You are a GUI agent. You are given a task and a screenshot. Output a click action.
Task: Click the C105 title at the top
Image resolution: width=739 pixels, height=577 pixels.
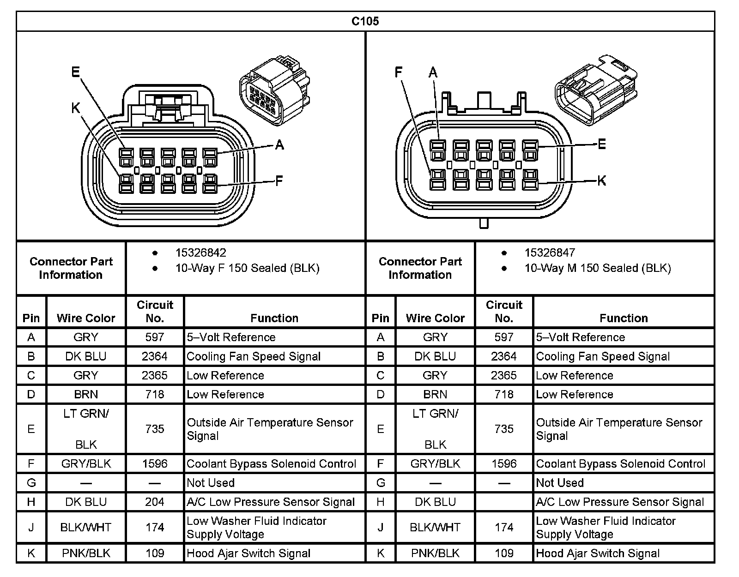365,21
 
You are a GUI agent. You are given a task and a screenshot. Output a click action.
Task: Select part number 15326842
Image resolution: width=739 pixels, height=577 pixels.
200,253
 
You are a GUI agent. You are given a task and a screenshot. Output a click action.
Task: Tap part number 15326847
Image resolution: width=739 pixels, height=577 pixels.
550,253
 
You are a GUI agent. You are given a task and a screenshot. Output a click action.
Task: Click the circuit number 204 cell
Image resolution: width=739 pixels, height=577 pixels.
155,502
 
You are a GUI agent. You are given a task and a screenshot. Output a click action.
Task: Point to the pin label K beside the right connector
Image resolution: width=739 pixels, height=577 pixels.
601,180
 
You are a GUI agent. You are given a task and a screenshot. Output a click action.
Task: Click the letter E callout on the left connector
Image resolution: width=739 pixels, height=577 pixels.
76,72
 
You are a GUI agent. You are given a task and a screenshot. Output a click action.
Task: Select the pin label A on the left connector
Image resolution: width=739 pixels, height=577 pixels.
279,145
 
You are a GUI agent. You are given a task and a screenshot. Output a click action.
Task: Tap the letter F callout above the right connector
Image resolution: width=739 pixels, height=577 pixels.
399,72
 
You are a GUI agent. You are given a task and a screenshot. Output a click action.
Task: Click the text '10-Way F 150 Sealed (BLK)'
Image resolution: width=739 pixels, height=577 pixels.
247,268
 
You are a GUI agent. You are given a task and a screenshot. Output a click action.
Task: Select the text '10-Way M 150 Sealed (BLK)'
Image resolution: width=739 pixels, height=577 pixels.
597,268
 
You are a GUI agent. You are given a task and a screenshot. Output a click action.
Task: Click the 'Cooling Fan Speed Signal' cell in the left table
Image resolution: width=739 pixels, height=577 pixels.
254,356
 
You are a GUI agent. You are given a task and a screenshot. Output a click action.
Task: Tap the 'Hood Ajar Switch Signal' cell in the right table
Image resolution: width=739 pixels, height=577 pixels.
598,553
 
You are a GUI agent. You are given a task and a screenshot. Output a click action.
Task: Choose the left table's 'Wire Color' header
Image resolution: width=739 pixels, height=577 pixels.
86,318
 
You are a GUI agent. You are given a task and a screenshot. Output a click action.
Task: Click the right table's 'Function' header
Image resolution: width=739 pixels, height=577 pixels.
624,318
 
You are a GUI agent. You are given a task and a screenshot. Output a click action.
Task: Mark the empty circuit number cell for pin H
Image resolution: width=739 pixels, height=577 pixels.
504,502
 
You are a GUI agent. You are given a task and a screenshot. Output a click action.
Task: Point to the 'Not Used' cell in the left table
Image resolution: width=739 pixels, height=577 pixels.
211,483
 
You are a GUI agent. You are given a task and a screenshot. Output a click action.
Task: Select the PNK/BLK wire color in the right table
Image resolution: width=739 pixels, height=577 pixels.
435,553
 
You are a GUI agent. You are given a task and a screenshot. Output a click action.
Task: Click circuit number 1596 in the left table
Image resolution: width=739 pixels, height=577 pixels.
155,463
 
